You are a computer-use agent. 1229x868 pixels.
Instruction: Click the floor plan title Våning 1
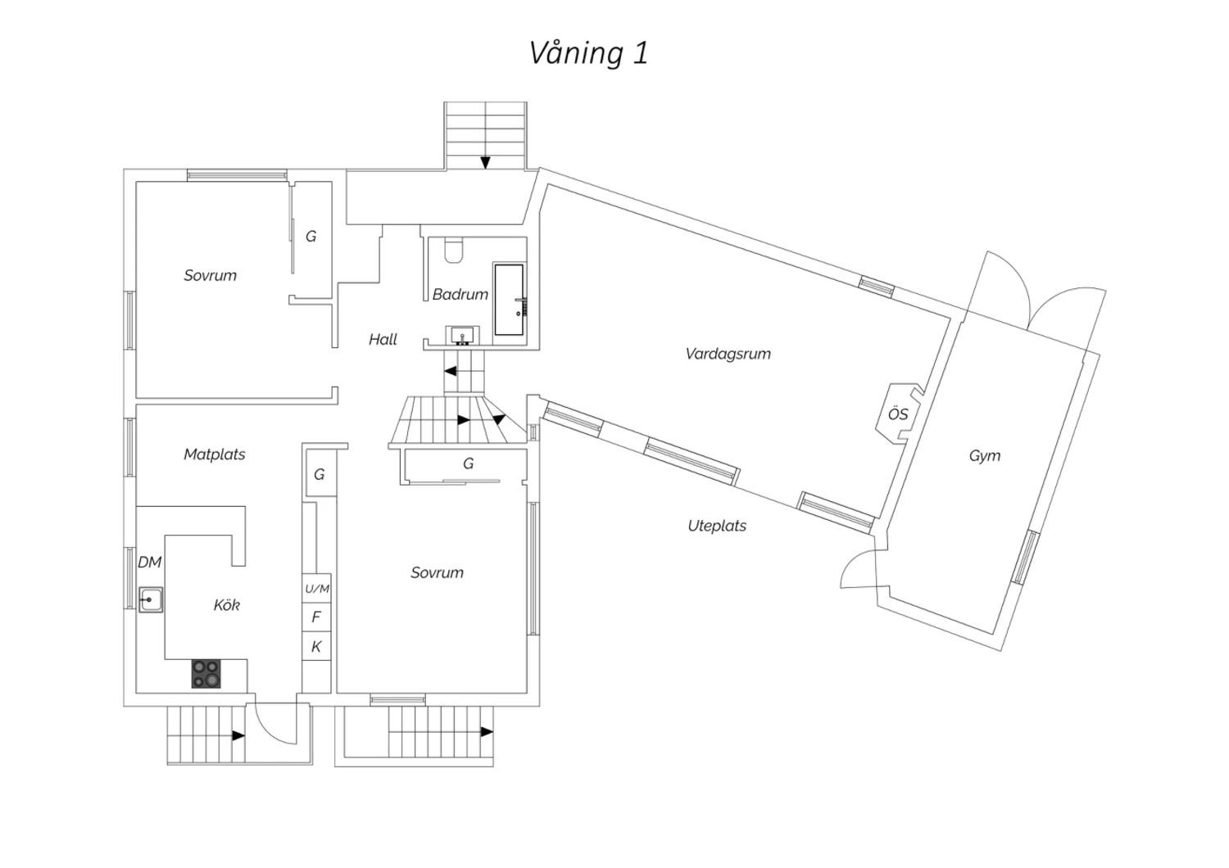[x=588, y=53]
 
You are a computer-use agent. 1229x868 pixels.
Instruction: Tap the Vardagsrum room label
[x=728, y=354]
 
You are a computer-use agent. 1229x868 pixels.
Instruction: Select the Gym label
[x=984, y=456]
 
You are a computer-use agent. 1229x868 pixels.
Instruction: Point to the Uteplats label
[x=717, y=526]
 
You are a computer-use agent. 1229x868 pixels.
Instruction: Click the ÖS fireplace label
[x=898, y=414]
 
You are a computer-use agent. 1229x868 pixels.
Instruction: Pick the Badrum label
[x=460, y=294]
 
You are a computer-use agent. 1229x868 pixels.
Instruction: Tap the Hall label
[x=383, y=339]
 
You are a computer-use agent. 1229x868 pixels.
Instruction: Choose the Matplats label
[x=214, y=454]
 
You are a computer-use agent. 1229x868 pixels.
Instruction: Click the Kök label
[x=226, y=605]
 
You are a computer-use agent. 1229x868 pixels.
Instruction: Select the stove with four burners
[x=206, y=673]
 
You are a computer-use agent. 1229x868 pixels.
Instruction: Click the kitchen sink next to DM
[x=150, y=600]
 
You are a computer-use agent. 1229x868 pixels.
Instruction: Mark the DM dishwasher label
[x=149, y=563]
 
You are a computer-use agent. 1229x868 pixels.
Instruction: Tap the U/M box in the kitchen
[x=317, y=589]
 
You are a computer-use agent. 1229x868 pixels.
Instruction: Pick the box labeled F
[x=316, y=617]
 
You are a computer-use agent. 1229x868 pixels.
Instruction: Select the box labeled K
[x=316, y=647]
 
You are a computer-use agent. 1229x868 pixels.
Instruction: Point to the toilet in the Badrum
[x=454, y=249]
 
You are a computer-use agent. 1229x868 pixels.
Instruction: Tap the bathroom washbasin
[x=463, y=335]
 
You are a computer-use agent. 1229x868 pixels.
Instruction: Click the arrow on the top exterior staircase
[x=485, y=162]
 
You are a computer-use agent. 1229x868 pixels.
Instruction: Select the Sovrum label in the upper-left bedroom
[x=210, y=276]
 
